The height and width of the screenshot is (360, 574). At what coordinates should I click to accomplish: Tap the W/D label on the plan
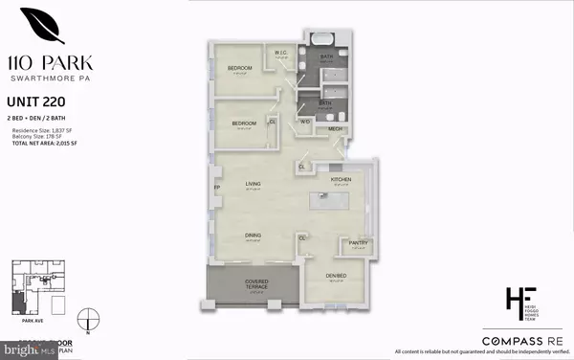coord(305,122)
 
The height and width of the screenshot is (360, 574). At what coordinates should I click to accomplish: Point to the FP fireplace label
coord(216,189)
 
